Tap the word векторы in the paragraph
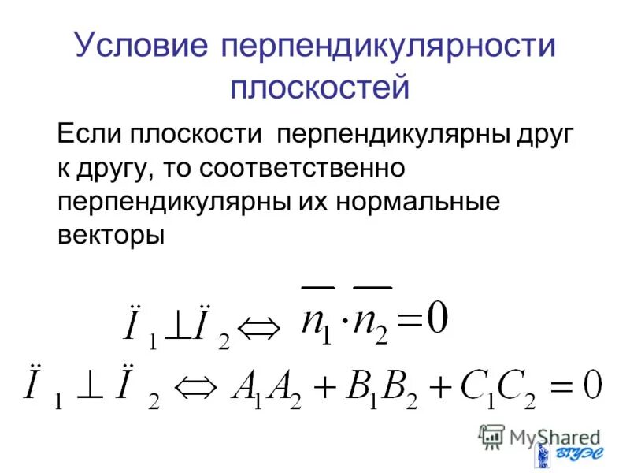coord(111,234)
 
